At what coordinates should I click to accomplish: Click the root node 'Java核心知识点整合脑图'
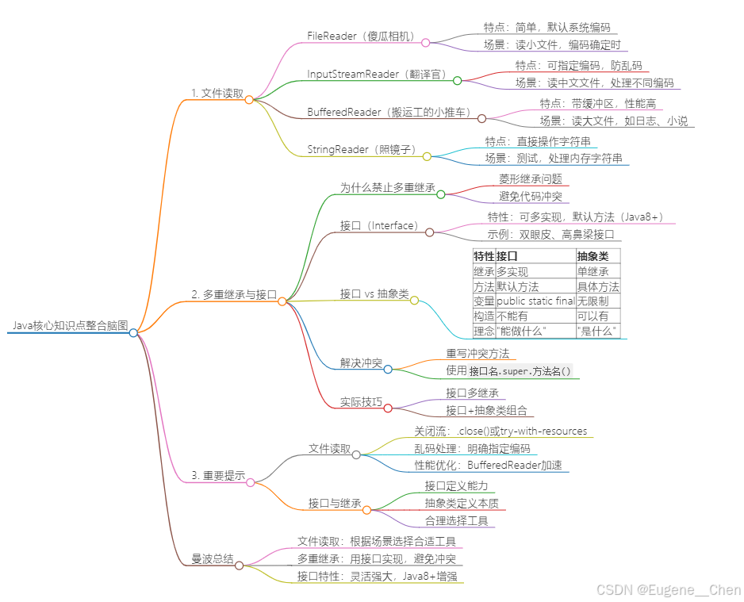pos(70,325)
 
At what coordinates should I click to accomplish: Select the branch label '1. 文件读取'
pos(217,93)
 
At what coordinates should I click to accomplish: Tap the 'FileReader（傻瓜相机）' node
pos(360,36)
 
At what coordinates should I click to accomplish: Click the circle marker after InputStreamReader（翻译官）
pos(457,80)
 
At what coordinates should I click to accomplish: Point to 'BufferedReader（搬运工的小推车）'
pos(389,112)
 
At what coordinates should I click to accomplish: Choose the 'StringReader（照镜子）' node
pos(360,149)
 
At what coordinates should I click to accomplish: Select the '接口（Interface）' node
pos(379,225)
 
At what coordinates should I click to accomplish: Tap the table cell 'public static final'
pos(535,301)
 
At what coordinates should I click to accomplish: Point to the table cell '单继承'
pos(593,271)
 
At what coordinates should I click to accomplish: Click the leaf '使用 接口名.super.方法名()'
pos(508,370)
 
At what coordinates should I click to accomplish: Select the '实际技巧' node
pos(361,402)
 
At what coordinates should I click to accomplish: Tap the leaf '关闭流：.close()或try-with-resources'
pos(500,431)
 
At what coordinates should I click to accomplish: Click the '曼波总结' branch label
pos(213,559)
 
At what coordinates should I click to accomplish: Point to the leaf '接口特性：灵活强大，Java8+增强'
pos(377,577)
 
